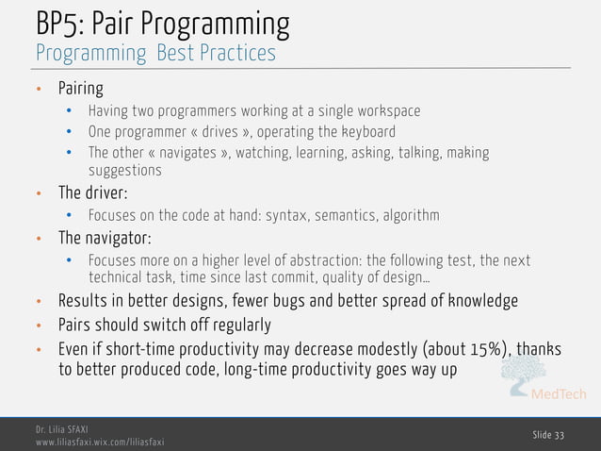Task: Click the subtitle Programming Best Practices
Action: click(155, 53)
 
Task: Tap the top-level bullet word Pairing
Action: click(81, 89)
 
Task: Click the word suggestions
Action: click(124, 171)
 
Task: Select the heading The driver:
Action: click(92, 193)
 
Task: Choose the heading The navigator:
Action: click(105, 237)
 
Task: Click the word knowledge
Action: click(476, 302)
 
